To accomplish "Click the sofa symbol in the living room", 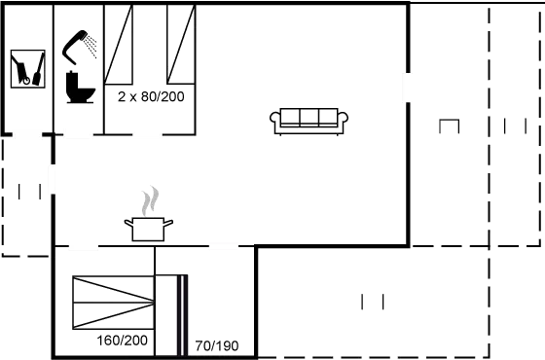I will pos(309,119).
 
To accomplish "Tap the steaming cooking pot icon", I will pos(148,228).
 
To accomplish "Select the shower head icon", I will pos(83,45).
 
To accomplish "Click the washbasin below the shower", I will pos(79,94).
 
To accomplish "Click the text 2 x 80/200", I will pos(150,96).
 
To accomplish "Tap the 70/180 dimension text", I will pos(216,345).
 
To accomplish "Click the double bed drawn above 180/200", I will pos(114,302).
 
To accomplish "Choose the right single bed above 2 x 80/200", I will pos(180,46).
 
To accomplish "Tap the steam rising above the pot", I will pos(148,201).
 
